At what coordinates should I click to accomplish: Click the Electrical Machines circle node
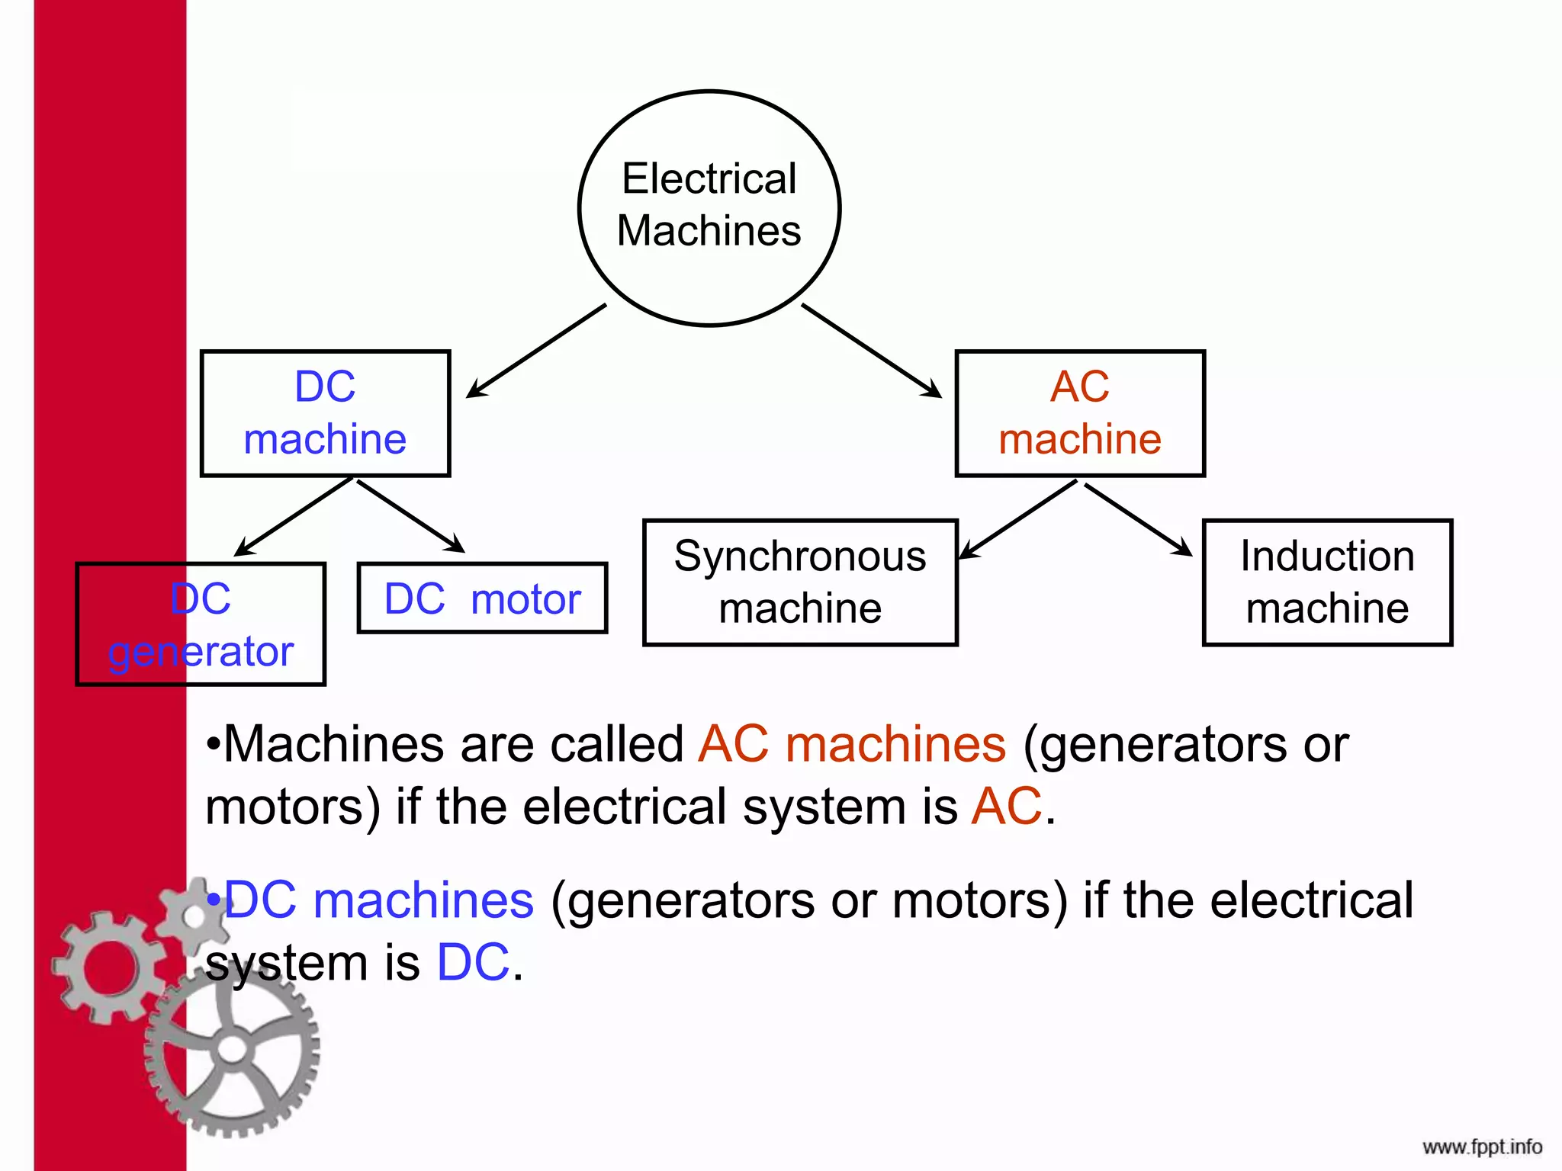pyautogui.click(x=709, y=207)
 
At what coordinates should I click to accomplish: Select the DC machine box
pyautogui.click(x=325, y=413)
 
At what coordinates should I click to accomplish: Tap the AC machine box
pyautogui.click(x=1080, y=413)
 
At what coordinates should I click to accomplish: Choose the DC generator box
pyautogui.click(x=201, y=624)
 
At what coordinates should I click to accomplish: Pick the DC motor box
pyautogui.click(x=482, y=598)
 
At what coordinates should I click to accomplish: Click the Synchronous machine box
pyautogui.click(x=800, y=582)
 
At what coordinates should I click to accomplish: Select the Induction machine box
pyautogui.click(x=1327, y=582)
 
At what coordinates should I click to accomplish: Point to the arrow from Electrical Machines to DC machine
pyautogui.click(x=536, y=351)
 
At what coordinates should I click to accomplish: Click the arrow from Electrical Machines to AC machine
pyautogui.click(x=871, y=351)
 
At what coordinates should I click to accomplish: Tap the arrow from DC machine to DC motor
pyautogui.click(x=410, y=516)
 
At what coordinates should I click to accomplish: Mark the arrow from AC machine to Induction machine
pyautogui.click(x=1138, y=519)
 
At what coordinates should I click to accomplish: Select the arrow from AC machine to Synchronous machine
pyautogui.click(x=1017, y=520)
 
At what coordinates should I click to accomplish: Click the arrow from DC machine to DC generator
pyautogui.click(x=294, y=516)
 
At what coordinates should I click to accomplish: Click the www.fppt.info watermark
pyautogui.click(x=1481, y=1147)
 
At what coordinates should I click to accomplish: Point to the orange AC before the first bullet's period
pyautogui.click(x=1007, y=807)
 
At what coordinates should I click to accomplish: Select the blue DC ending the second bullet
pyautogui.click(x=473, y=962)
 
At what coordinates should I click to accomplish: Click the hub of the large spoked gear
pyautogui.click(x=232, y=1049)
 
